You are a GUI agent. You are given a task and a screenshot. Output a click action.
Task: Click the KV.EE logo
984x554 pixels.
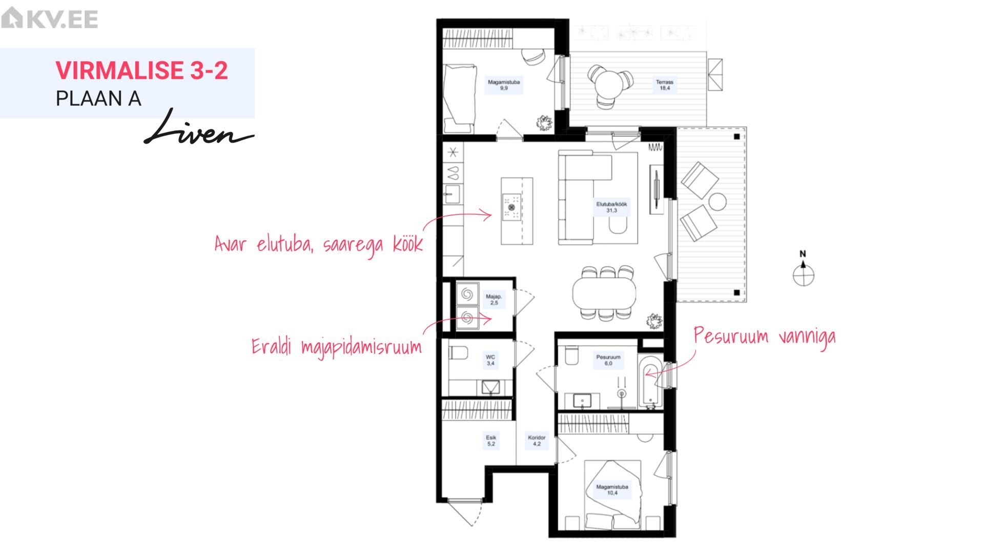pos(50,19)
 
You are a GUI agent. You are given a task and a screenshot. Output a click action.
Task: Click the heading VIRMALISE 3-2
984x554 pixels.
pos(141,70)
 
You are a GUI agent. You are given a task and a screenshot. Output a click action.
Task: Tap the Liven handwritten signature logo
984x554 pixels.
pos(198,127)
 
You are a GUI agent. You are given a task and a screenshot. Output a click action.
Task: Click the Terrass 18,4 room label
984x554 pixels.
pos(665,85)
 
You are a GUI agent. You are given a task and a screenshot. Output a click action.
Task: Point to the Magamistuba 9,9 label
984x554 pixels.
pos(504,85)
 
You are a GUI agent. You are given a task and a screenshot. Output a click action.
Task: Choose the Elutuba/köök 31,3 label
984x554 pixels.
pos(611,207)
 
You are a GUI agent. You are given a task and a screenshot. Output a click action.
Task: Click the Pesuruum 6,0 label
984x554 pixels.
pos(608,360)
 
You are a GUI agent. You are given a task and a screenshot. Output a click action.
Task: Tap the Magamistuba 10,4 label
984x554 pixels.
pos(612,490)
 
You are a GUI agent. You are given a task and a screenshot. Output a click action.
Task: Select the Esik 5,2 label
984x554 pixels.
pos(491,441)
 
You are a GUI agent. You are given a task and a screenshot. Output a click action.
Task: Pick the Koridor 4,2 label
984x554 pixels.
pos(537,441)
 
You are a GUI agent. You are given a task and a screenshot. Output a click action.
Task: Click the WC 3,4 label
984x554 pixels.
pos(490,360)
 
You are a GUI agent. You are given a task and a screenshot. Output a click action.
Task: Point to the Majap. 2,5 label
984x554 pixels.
pos(494,300)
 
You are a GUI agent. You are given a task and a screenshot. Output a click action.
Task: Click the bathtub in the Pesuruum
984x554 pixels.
pos(650,382)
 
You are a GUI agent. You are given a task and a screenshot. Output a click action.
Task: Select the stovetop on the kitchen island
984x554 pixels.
pos(511,207)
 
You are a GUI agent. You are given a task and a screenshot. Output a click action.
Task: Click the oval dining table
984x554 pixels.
pos(604,293)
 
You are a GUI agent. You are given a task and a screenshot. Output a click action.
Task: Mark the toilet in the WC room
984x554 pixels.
pos(459,354)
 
